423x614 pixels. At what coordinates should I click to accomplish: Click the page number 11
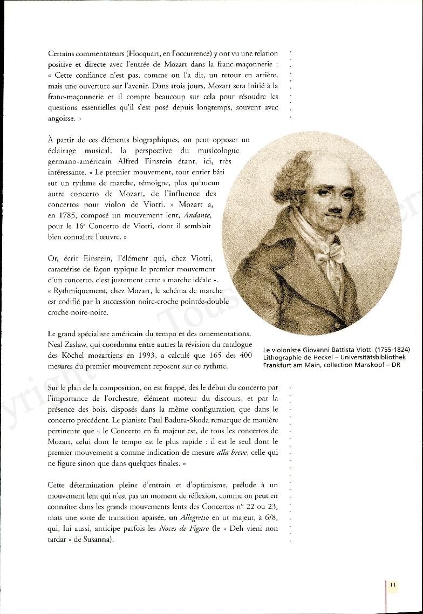[393, 584]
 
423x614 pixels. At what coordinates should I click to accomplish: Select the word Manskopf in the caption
[371, 365]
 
